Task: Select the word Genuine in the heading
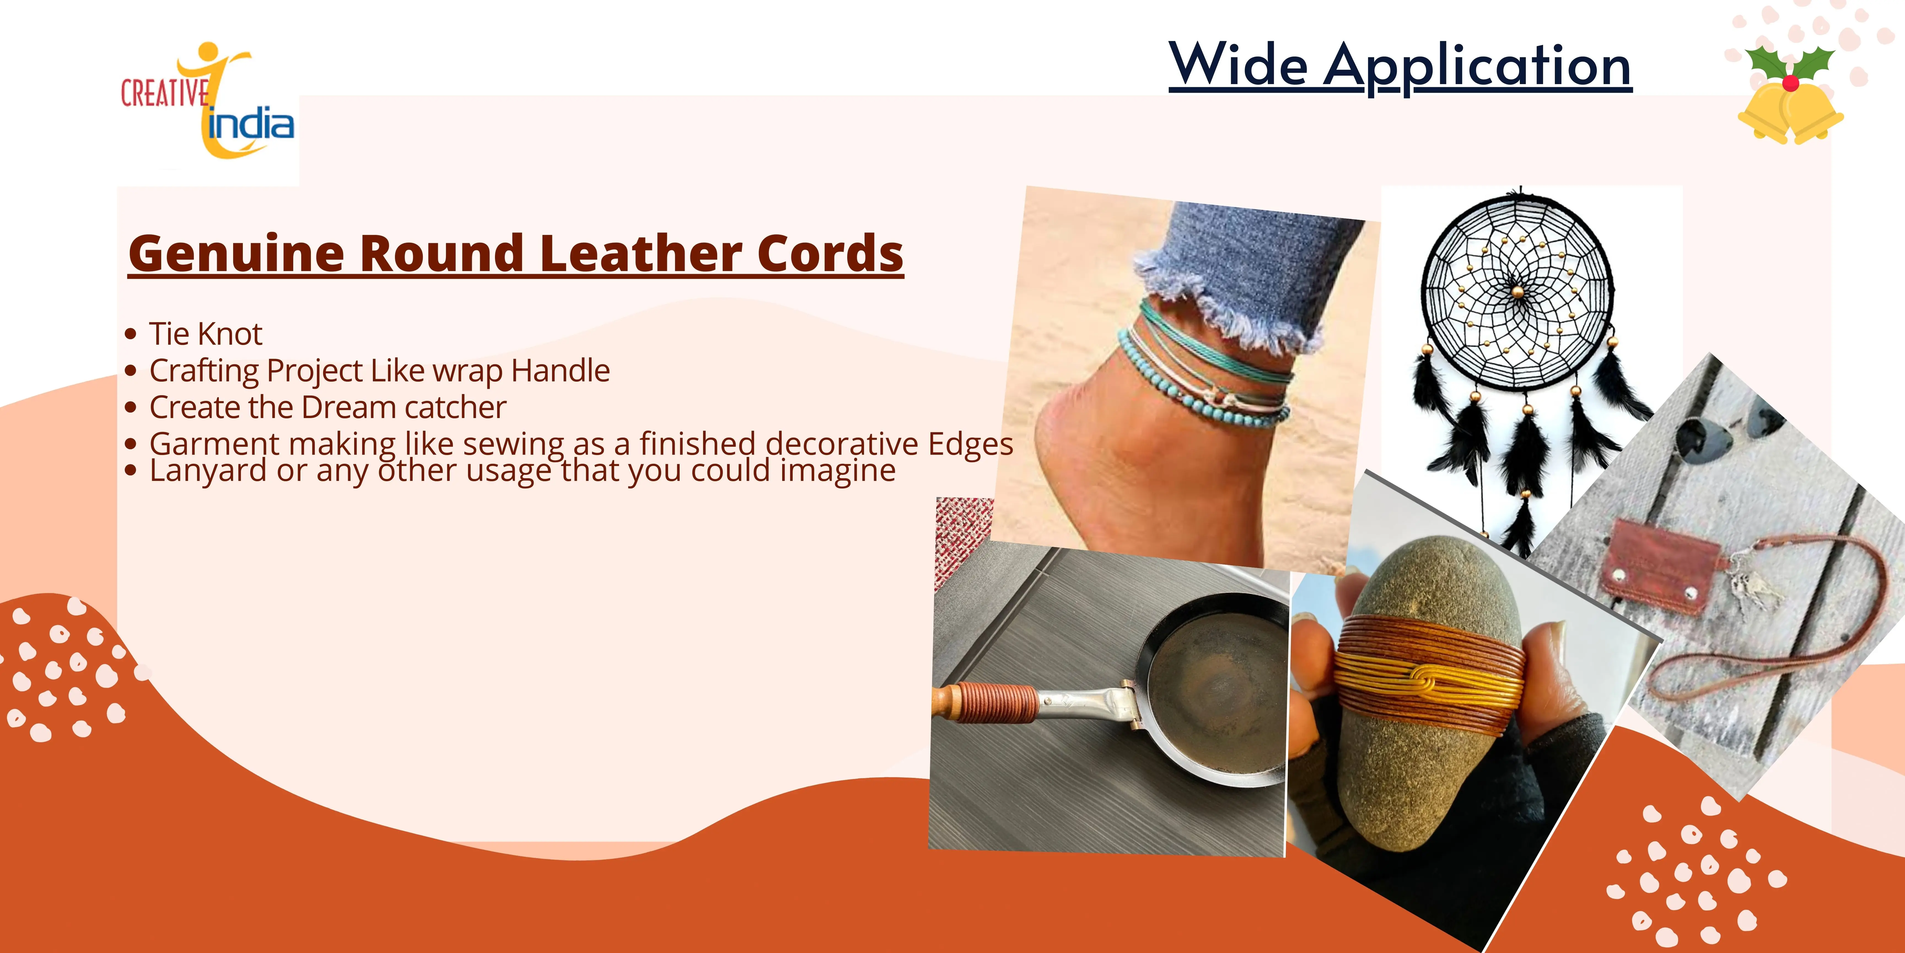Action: [237, 254]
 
